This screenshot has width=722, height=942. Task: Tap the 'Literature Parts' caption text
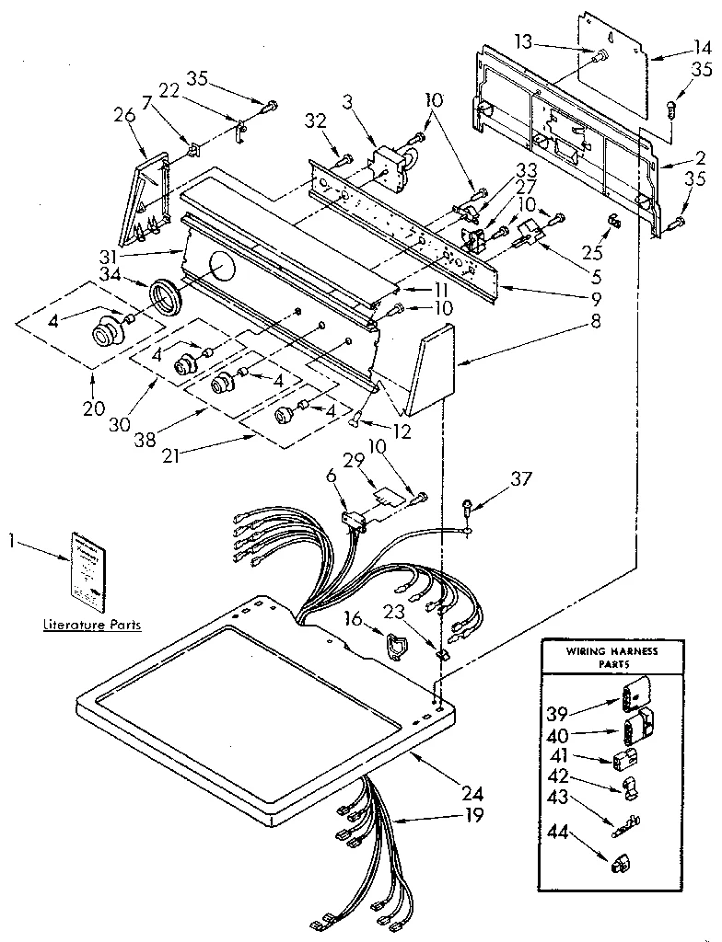click(x=92, y=625)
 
